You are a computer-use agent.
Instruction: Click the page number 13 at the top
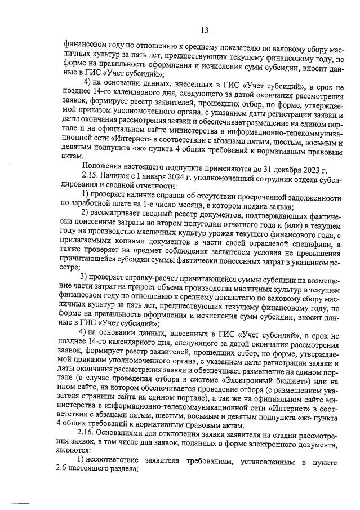click(x=204, y=29)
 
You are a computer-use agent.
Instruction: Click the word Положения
click(x=104, y=165)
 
